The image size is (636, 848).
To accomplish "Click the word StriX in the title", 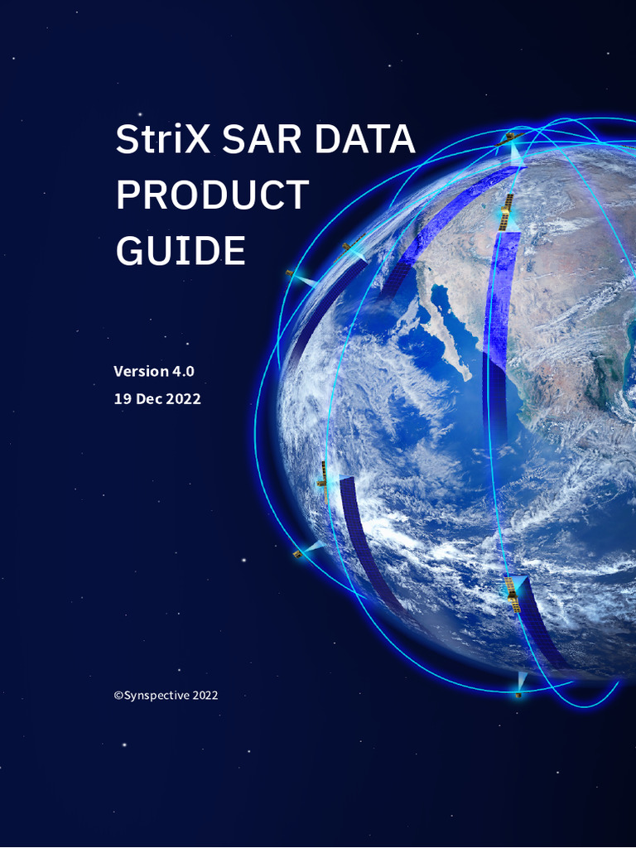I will pos(161,139).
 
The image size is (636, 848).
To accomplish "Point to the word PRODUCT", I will pos(212,195).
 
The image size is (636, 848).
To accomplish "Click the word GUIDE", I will pos(181,250).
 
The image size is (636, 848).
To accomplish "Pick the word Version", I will pos(141,371).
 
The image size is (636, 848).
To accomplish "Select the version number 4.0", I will pos(183,371).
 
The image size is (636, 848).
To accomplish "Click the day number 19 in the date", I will pos(123,398).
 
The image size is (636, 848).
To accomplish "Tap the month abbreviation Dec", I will pos(150,398).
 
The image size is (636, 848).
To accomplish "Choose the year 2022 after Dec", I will pos(183,398).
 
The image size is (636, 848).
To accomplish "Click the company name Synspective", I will pos(157,696).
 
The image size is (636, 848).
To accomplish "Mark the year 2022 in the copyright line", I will pos(205,696).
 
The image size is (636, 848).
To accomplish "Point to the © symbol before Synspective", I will pos(118,696).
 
